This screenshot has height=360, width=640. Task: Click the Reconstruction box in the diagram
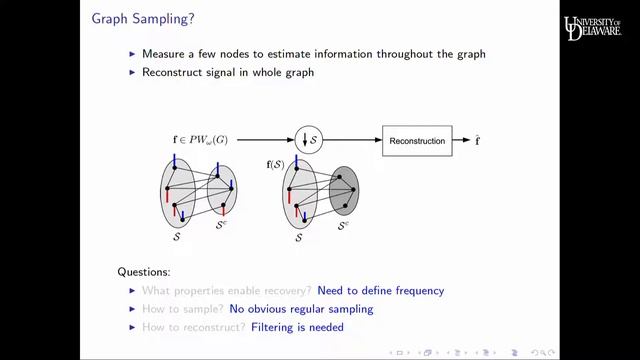point(417,141)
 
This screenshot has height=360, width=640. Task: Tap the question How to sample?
point(185,309)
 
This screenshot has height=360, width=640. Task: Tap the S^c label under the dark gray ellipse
point(344,226)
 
